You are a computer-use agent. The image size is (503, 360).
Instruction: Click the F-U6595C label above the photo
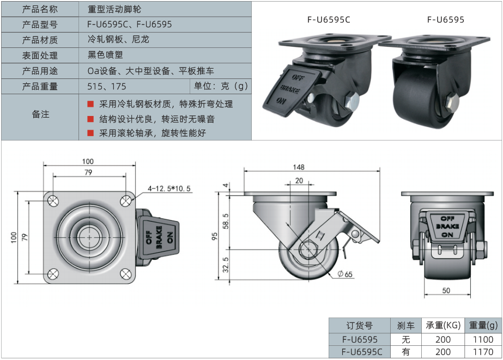pos(328,20)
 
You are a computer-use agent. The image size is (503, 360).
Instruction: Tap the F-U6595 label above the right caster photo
pos(446,20)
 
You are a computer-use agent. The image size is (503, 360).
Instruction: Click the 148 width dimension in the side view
pos(298,167)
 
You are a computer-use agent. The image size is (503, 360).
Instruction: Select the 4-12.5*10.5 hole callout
pos(169,189)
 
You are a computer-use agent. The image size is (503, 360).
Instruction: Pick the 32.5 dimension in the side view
pos(225,265)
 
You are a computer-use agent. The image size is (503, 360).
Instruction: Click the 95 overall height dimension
pos(215,236)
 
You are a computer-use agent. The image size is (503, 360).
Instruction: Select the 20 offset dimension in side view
pos(299,181)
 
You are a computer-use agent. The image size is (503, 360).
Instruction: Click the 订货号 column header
pos(360,326)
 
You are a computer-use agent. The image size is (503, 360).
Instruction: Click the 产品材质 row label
pos(40,40)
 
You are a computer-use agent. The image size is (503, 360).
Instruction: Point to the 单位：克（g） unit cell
pos(220,86)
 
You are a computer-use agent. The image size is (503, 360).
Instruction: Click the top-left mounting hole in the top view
pos(52,200)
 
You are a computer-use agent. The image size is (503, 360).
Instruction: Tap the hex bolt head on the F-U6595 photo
pos(452,103)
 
